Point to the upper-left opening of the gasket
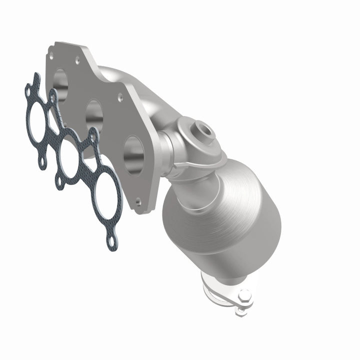38,118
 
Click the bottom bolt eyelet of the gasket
112,243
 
